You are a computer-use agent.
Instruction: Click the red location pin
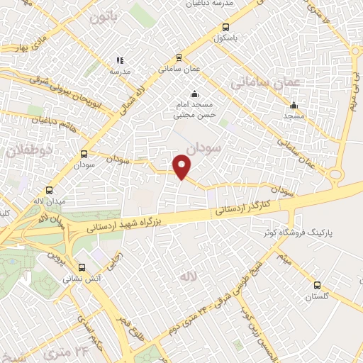[x=183, y=167]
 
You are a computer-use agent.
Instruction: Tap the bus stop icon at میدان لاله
[x=49, y=190]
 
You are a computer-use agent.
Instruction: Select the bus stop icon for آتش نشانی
[x=83, y=268]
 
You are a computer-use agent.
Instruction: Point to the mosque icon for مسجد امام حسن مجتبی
[x=194, y=95]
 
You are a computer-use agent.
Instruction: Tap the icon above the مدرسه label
[x=120, y=61]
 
